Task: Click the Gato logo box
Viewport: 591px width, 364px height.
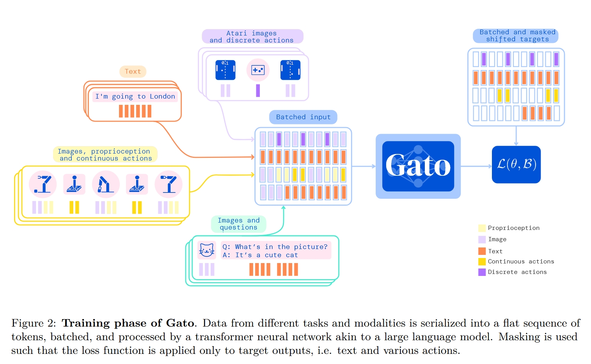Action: [x=418, y=166]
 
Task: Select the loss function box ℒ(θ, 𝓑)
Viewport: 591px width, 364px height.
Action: [x=516, y=164]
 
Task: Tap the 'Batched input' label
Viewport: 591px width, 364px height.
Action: [x=303, y=117]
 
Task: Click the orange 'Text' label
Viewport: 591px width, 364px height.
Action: [x=133, y=72]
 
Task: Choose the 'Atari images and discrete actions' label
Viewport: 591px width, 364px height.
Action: [x=252, y=37]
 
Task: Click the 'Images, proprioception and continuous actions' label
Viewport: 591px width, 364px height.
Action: [x=105, y=155]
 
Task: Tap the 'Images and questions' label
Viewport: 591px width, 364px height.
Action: [x=238, y=224]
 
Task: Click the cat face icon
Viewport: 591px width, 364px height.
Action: [x=206, y=250]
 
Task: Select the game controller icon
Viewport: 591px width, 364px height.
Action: [x=258, y=70]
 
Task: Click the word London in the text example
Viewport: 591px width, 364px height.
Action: [x=162, y=96]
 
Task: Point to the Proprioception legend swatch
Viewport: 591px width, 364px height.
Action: [x=482, y=228]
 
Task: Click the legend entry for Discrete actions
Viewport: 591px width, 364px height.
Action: [x=517, y=272]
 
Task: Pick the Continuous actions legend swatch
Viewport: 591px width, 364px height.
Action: [x=482, y=262]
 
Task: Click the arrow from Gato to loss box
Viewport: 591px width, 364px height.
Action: [x=476, y=166]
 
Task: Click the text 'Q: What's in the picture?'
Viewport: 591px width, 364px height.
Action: [x=275, y=247]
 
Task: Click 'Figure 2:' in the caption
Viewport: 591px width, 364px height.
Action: [x=34, y=323]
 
